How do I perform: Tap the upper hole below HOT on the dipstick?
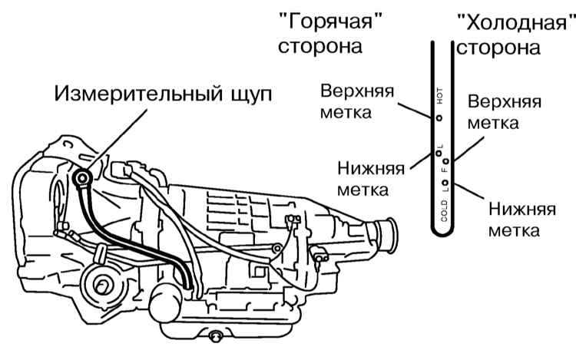[x=439, y=118]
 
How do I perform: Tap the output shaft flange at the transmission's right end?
[x=388, y=231]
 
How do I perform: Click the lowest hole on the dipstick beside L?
[x=445, y=183]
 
